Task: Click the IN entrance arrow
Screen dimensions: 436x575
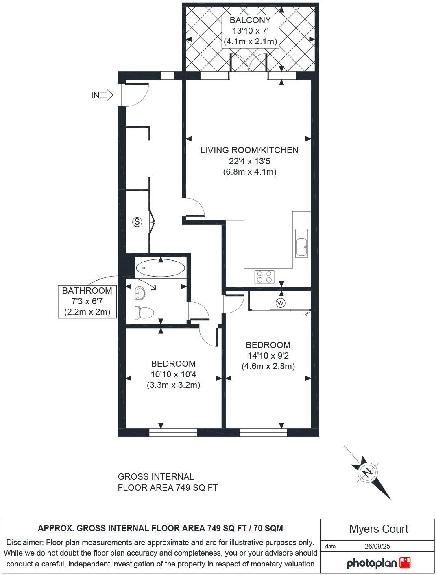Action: pyautogui.click(x=107, y=95)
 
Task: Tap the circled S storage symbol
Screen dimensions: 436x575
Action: pyautogui.click(x=137, y=222)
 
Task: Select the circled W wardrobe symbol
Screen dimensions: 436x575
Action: pyautogui.click(x=280, y=303)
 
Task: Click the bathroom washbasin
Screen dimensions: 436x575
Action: pyautogui.click(x=140, y=292)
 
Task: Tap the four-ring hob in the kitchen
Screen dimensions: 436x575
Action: pyautogui.click(x=264, y=277)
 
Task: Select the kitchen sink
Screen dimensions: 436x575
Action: pyautogui.click(x=301, y=243)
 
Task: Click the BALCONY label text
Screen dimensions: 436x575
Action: pyautogui.click(x=250, y=20)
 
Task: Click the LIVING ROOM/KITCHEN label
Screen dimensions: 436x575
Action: pyautogui.click(x=249, y=150)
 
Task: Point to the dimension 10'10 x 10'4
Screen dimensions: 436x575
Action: pyautogui.click(x=173, y=374)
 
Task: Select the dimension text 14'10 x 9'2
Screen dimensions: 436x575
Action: pyautogui.click(x=268, y=356)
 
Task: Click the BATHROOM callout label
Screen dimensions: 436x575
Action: pyautogui.click(x=87, y=291)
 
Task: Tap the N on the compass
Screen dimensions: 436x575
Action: pyautogui.click(x=368, y=473)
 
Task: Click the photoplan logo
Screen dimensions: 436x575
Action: pyautogui.click(x=378, y=563)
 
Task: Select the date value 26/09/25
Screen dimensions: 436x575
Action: pyautogui.click(x=377, y=546)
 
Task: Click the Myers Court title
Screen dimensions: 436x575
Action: pyautogui.click(x=378, y=529)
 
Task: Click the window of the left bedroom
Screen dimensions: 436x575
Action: pyautogui.click(x=173, y=433)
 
